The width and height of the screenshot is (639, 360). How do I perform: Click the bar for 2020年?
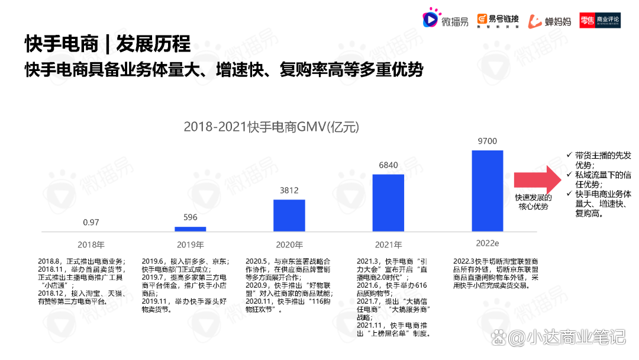(x=289, y=215)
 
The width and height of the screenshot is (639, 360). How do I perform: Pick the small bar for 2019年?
(x=190, y=229)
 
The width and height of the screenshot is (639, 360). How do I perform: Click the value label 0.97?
(x=91, y=222)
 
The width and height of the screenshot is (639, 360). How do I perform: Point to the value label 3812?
(x=289, y=190)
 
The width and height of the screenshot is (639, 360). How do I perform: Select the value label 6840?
(x=388, y=165)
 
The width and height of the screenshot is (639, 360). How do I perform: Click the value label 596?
(x=190, y=217)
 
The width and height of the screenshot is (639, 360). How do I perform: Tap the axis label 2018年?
(x=91, y=245)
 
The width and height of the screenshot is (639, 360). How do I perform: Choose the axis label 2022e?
(x=487, y=243)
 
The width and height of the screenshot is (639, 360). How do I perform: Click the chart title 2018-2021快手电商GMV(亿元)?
(x=271, y=127)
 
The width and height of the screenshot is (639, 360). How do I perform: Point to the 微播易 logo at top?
(x=445, y=20)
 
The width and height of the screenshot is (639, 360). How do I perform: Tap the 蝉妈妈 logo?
(x=550, y=21)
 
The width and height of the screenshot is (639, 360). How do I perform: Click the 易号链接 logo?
(x=498, y=20)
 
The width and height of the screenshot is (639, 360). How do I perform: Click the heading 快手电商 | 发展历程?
(x=108, y=44)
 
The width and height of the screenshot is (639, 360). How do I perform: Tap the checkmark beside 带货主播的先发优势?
(x=569, y=155)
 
